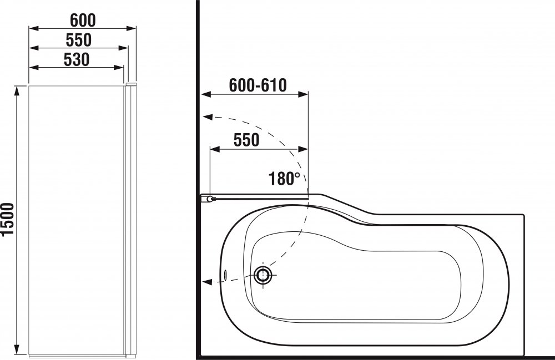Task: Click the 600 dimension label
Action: [x=83, y=21]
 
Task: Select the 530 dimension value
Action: [x=77, y=60]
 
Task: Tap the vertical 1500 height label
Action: [x=7, y=219]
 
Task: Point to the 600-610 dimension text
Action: [x=258, y=85]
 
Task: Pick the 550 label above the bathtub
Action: [x=246, y=140]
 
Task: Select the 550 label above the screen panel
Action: [x=79, y=40]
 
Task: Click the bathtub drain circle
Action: [x=263, y=275]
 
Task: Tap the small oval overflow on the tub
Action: [x=225, y=275]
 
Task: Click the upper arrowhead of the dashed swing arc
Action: [x=208, y=118]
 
